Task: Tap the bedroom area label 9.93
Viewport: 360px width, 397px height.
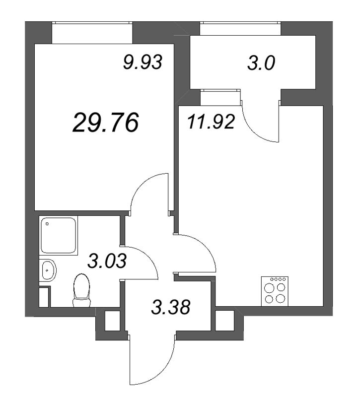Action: pyautogui.click(x=143, y=63)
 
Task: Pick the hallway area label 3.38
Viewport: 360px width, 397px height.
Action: pyautogui.click(x=171, y=308)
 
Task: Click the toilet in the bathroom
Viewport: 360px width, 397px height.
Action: pyautogui.click(x=81, y=290)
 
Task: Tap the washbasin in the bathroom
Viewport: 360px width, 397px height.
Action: pyautogui.click(x=49, y=270)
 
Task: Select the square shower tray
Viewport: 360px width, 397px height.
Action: pyautogui.click(x=59, y=236)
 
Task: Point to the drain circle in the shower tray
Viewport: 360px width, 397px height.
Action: pyautogui.click(x=47, y=224)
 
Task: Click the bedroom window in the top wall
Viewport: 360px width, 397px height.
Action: pyautogui.click(x=92, y=33)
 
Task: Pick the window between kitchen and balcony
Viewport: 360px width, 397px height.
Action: pyautogui.click(x=221, y=97)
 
